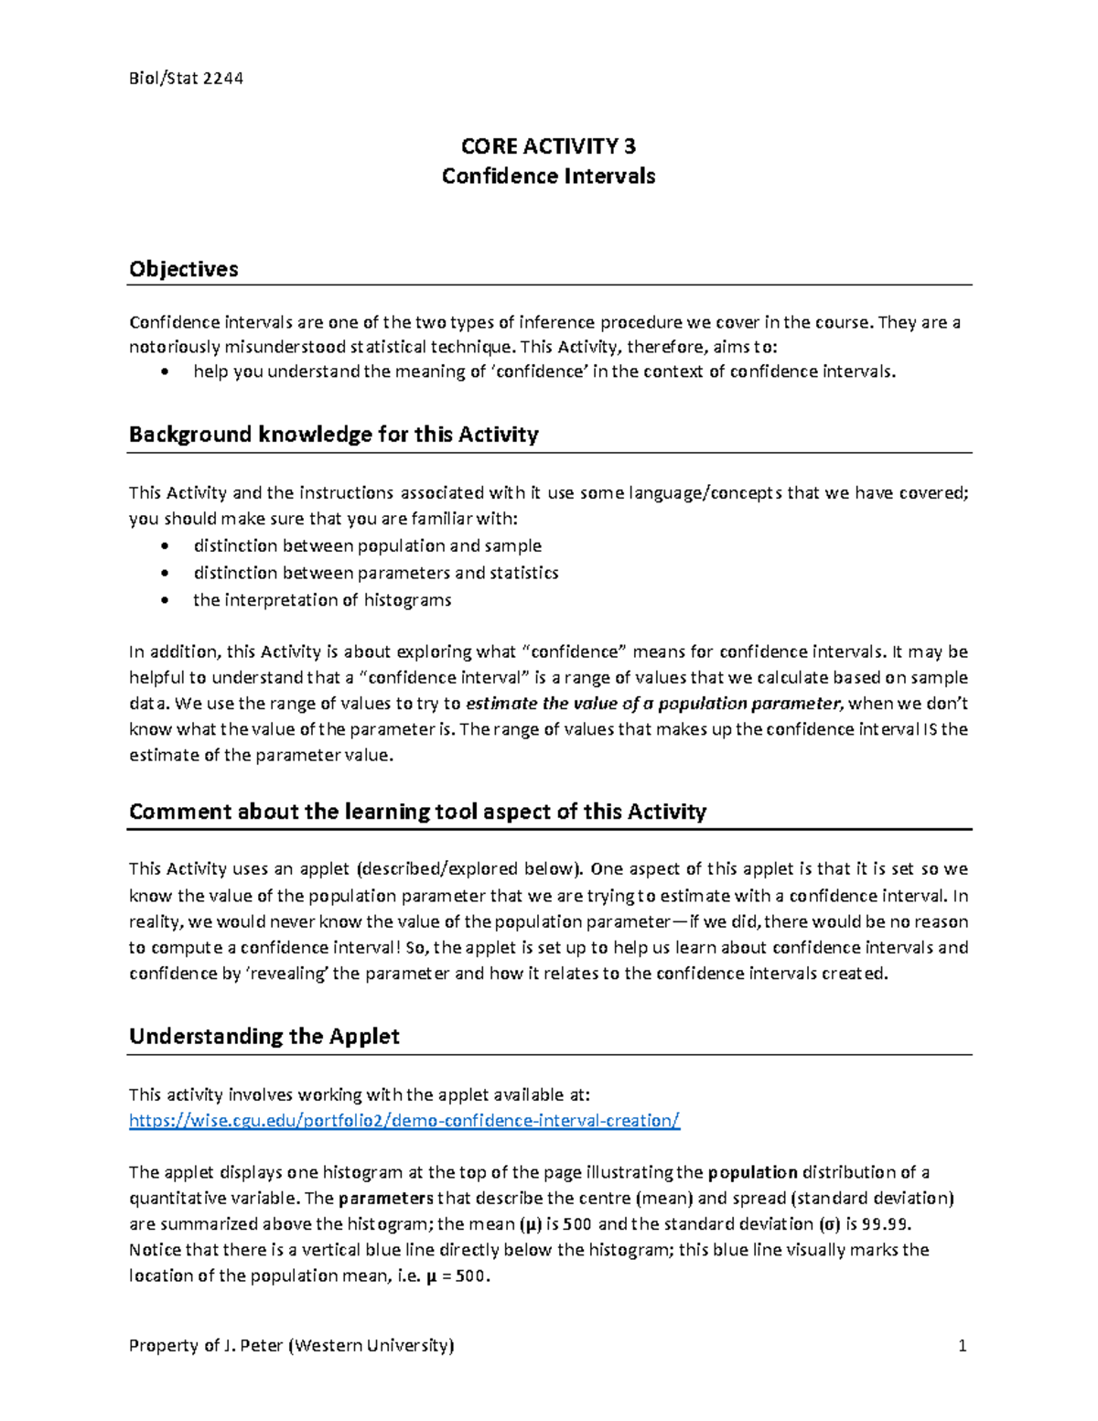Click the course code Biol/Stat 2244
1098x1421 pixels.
click(x=186, y=79)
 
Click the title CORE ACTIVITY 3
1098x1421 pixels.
click(x=548, y=146)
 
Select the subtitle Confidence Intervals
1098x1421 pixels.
click(x=548, y=176)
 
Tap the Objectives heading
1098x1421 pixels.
click(x=183, y=269)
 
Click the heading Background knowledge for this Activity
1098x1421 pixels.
click(x=333, y=435)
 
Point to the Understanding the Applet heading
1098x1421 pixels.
click(x=264, y=1037)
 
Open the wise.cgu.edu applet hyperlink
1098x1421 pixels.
click(x=404, y=1121)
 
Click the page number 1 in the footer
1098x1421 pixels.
click(x=962, y=1345)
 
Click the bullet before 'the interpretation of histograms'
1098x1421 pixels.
click(x=164, y=601)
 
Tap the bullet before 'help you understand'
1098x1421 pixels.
click(x=164, y=372)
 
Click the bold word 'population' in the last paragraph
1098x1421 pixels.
click(x=753, y=1172)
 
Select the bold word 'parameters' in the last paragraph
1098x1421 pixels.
click(x=386, y=1199)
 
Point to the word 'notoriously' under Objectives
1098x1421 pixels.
click(x=174, y=347)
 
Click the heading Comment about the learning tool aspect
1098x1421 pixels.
click(x=417, y=812)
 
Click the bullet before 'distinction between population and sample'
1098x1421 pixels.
click(x=164, y=546)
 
